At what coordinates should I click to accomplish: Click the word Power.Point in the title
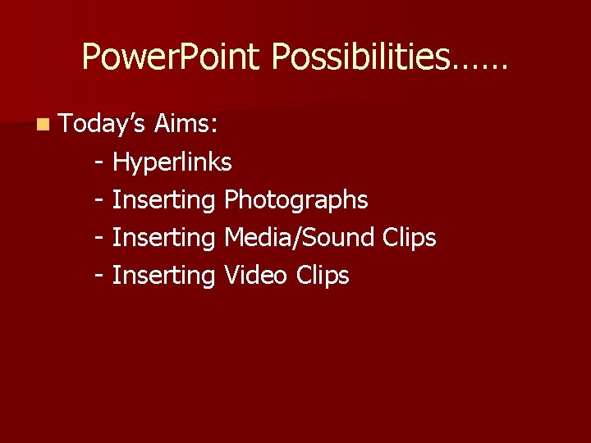pos(174,57)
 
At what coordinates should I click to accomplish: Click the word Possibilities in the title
pos(362,57)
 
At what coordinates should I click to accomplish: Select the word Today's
pos(103,125)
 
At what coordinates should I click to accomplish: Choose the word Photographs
pos(295,200)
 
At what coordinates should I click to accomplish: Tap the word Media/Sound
pos(300,237)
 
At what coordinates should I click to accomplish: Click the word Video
pos(254,275)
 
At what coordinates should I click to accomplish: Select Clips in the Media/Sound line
pos(409,238)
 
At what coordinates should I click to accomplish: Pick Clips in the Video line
pos(322,276)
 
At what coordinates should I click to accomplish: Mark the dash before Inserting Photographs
pos(99,200)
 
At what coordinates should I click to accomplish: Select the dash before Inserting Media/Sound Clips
pos(99,238)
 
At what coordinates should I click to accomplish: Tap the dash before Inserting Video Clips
pos(99,276)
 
